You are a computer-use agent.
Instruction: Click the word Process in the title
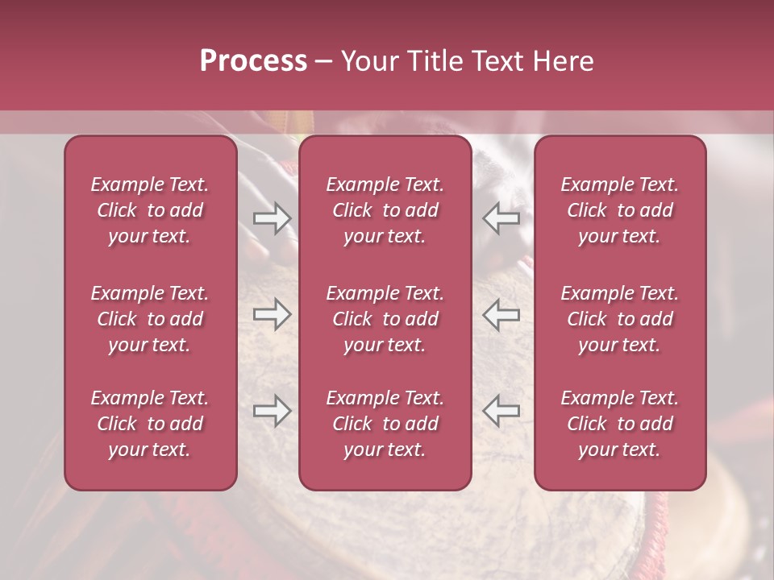pos(253,61)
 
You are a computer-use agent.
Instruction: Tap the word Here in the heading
pos(563,61)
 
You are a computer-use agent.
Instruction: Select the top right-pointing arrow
pos(272,218)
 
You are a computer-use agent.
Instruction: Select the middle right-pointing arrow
pos(272,315)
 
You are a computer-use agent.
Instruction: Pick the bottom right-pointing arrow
pos(272,412)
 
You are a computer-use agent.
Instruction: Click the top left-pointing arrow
pos(501,218)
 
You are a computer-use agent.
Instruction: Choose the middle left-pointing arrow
pos(501,315)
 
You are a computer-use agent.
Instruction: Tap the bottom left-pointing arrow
pos(501,412)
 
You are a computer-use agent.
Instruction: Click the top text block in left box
pos(150,210)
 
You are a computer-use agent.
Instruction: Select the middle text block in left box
pos(150,319)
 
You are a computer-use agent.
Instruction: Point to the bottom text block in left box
pos(150,424)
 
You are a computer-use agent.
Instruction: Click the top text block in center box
pos(385,210)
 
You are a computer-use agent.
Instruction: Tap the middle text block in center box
pos(385,319)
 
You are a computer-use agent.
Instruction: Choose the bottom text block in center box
pos(385,424)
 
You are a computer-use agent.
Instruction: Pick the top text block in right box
pos(620,210)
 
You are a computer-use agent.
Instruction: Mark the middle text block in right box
pos(620,319)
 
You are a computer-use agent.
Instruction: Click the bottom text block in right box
pos(620,424)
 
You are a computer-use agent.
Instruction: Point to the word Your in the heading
pos(369,61)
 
